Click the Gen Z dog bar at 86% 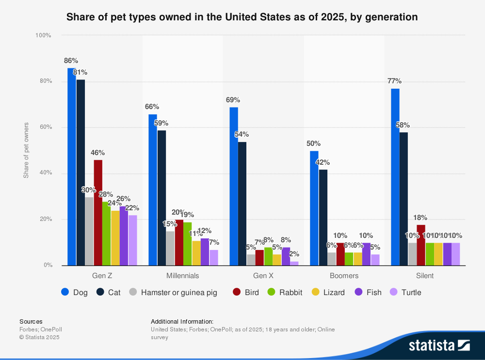[x=72, y=167]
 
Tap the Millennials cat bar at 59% [x=162, y=198]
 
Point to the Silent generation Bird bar [x=421, y=245]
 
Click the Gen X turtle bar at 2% [x=294, y=263]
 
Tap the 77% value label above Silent [x=394, y=81]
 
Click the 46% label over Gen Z [x=97, y=153]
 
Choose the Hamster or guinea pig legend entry [x=174, y=292]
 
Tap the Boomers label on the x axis [x=344, y=276]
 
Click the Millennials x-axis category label [x=182, y=276]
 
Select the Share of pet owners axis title [x=26, y=150]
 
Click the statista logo [x=439, y=345]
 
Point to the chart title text [x=242, y=17]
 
